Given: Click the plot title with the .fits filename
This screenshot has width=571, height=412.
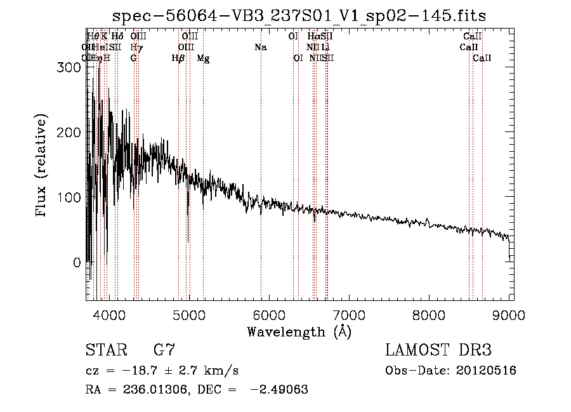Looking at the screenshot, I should tap(299, 17).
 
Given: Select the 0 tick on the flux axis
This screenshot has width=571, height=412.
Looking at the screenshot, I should tap(77, 262).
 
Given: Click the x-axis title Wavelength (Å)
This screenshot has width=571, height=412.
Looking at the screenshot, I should tap(299, 332).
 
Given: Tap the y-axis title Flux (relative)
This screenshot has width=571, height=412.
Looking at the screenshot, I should tap(43, 166).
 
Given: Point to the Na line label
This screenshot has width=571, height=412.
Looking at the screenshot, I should tap(261, 48).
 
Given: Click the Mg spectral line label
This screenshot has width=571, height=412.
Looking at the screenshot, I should tap(203, 58).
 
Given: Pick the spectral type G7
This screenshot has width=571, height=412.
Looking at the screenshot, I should tap(164, 350).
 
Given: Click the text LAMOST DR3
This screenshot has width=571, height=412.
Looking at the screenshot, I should tap(438, 350).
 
